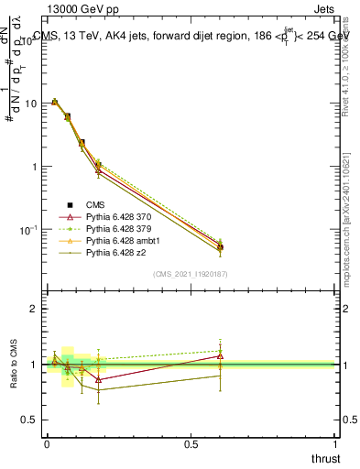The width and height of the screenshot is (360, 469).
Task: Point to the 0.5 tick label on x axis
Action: [191, 444]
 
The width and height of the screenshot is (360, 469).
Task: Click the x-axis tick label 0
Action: [47, 444]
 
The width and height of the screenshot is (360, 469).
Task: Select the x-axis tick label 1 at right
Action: [336, 444]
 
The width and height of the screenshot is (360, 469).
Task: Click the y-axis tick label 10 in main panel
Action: [30, 104]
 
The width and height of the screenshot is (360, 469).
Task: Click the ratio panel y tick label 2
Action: [36, 310]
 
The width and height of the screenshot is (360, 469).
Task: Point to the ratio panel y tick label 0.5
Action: [31, 420]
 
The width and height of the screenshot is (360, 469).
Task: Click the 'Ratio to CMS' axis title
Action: [13, 365]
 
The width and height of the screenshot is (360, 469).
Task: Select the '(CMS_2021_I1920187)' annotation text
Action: [191, 275]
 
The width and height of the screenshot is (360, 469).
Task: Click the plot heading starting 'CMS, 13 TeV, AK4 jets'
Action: [192, 37]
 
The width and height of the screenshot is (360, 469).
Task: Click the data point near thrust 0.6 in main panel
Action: [220, 245]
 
